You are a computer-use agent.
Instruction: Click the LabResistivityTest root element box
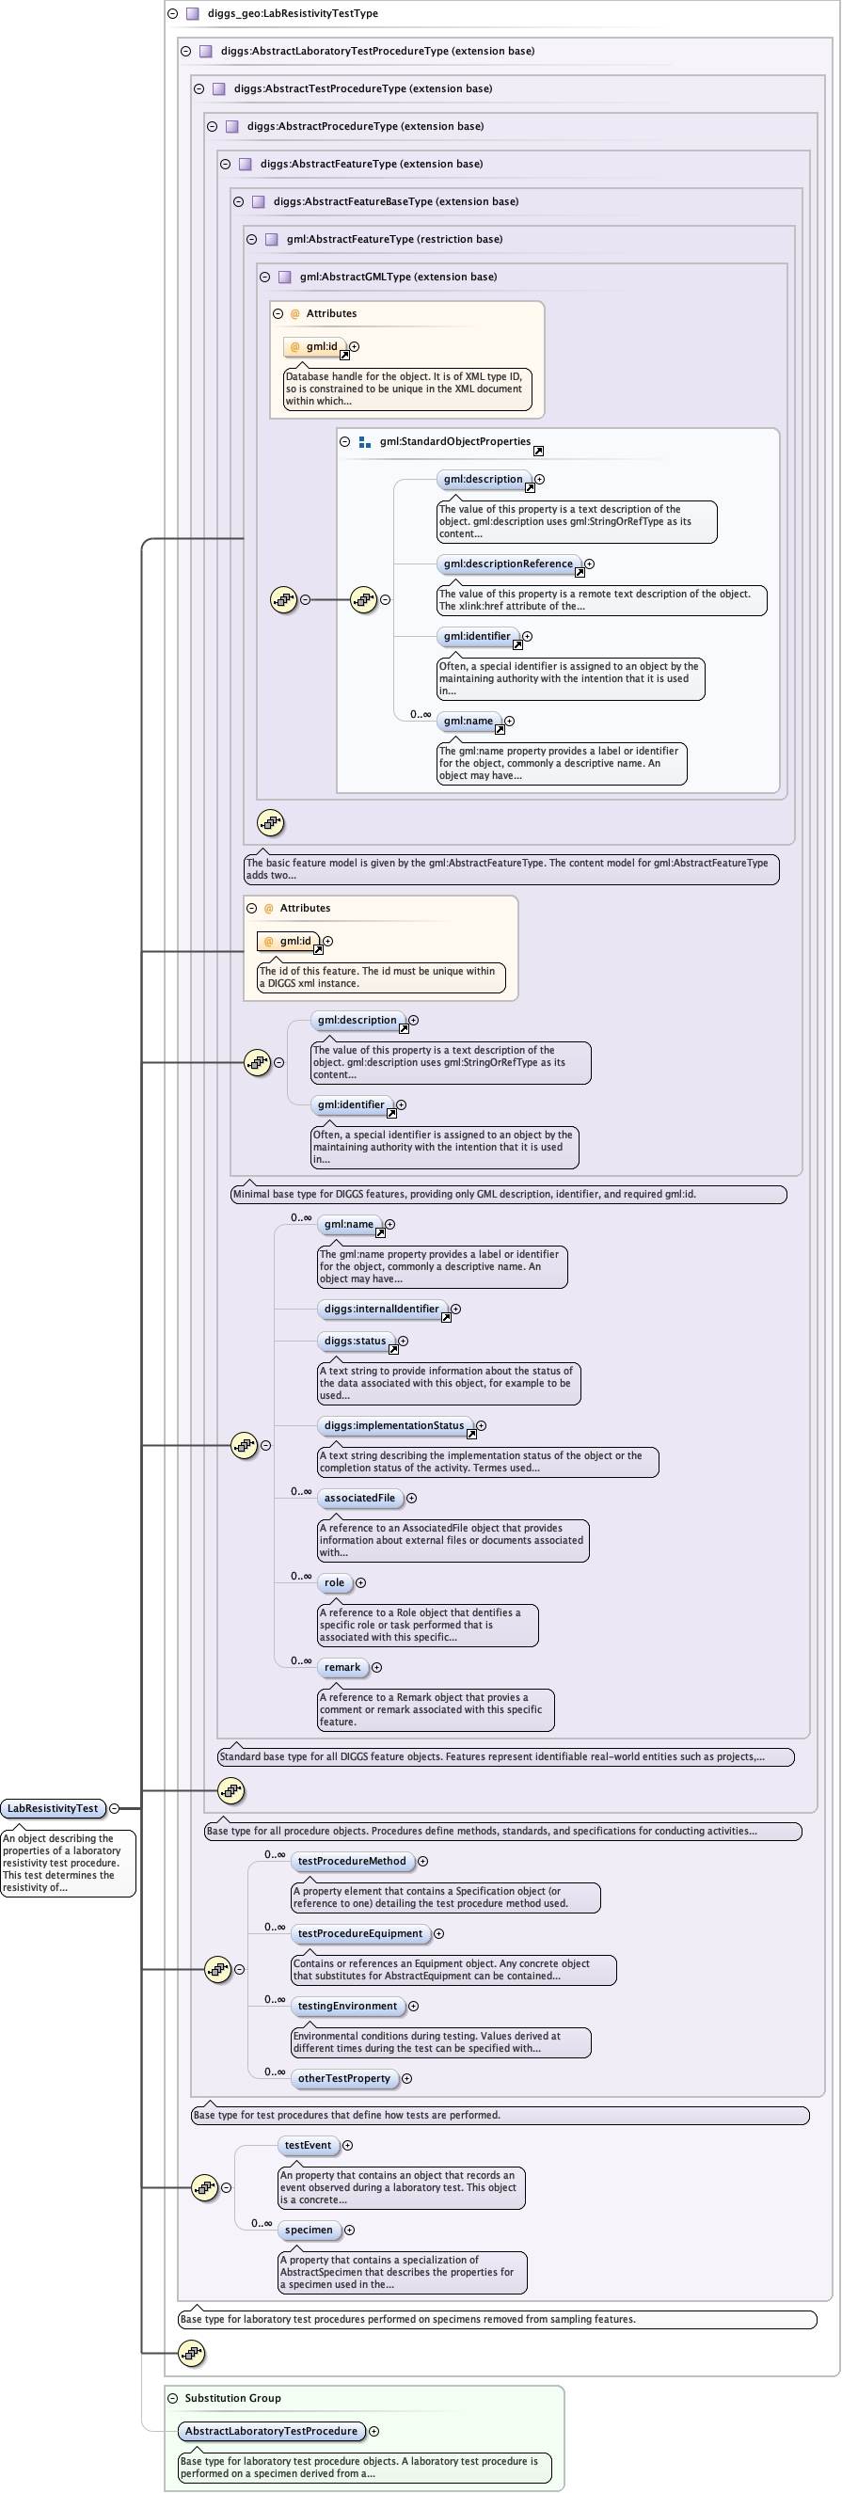click(x=53, y=1808)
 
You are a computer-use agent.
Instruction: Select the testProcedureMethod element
click(x=351, y=1861)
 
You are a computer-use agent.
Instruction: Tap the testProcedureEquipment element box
click(x=359, y=1933)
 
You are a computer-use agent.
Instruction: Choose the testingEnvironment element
click(x=346, y=2007)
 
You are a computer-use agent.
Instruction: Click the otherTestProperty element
click(x=343, y=2079)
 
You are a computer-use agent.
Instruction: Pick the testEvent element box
click(x=308, y=2146)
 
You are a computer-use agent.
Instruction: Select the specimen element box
click(x=309, y=2230)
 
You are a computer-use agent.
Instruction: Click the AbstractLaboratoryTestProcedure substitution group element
click(x=271, y=2431)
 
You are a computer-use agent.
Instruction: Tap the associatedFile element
click(x=359, y=1498)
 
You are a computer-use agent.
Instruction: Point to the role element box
click(x=334, y=1582)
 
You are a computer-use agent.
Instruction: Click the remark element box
click(x=342, y=1667)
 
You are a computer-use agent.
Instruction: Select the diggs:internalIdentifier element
click(x=381, y=1309)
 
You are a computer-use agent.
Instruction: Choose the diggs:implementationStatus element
click(x=394, y=1425)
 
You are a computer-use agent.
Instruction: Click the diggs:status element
click(x=356, y=1342)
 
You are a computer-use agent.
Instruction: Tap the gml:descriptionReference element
click(x=508, y=564)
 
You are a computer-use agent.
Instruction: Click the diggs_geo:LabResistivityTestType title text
click(x=293, y=13)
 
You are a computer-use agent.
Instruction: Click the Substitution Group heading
click(x=232, y=2398)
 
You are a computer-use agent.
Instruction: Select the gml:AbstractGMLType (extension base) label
click(x=398, y=277)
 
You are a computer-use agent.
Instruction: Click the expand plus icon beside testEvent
click(x=347, y=2146)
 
